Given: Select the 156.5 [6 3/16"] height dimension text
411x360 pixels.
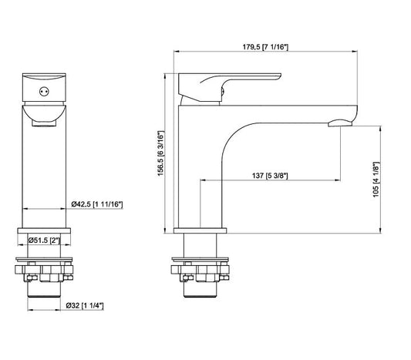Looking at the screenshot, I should pyautogui.click(x=161, y=152).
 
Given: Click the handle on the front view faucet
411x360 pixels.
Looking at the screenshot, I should pyautogui.click(x=45, y=88).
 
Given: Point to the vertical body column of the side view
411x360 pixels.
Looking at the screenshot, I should pyautogui.click(x=199, y=170).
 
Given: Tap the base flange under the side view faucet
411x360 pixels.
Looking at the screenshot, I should pyautogui.click(x=200, y=230).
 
